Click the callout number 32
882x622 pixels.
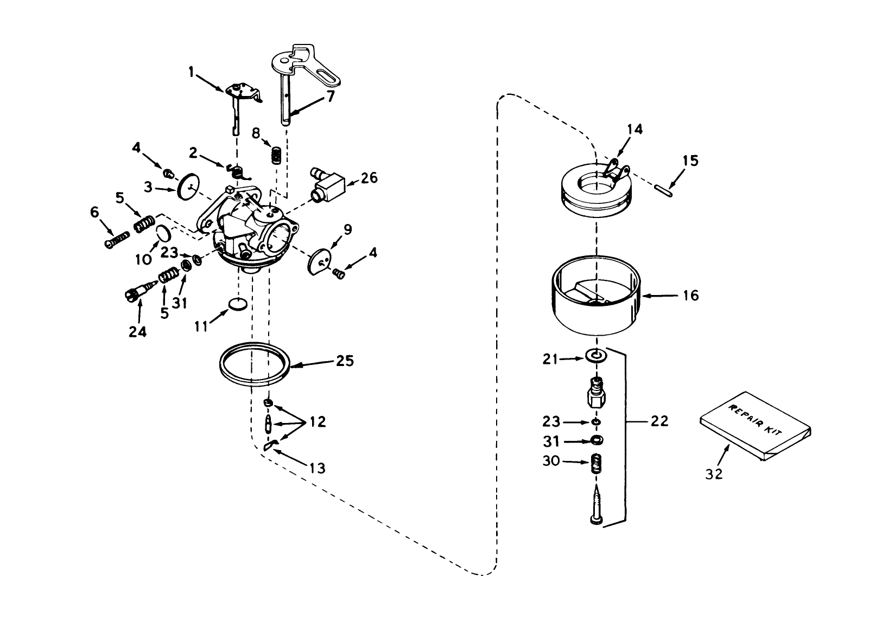click(x=714, y=473)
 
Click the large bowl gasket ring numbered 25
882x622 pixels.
click(x=253, y=364)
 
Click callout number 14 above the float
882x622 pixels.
click(x=634, y=129)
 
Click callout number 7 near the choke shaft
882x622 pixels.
click(x=330, y=96)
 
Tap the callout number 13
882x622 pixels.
click(x=316, y=467)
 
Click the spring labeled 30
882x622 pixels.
click(x=597, y=465)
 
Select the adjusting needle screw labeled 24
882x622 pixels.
click(x=136, y=293)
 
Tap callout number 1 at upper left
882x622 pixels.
click(x=191, y=70)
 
